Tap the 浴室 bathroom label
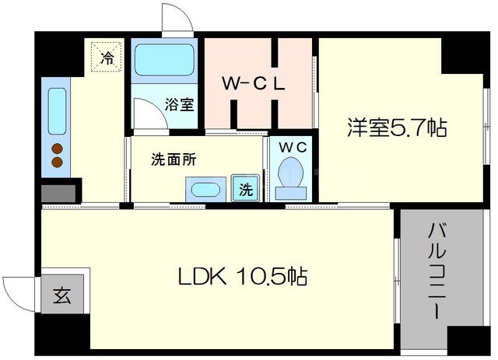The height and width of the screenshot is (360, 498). [180, 104]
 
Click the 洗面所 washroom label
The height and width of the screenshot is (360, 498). [173, 160]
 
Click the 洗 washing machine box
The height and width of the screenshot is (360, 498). [244, 188]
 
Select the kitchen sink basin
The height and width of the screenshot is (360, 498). [58, 112]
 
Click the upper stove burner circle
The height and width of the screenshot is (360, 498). [57, 149]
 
